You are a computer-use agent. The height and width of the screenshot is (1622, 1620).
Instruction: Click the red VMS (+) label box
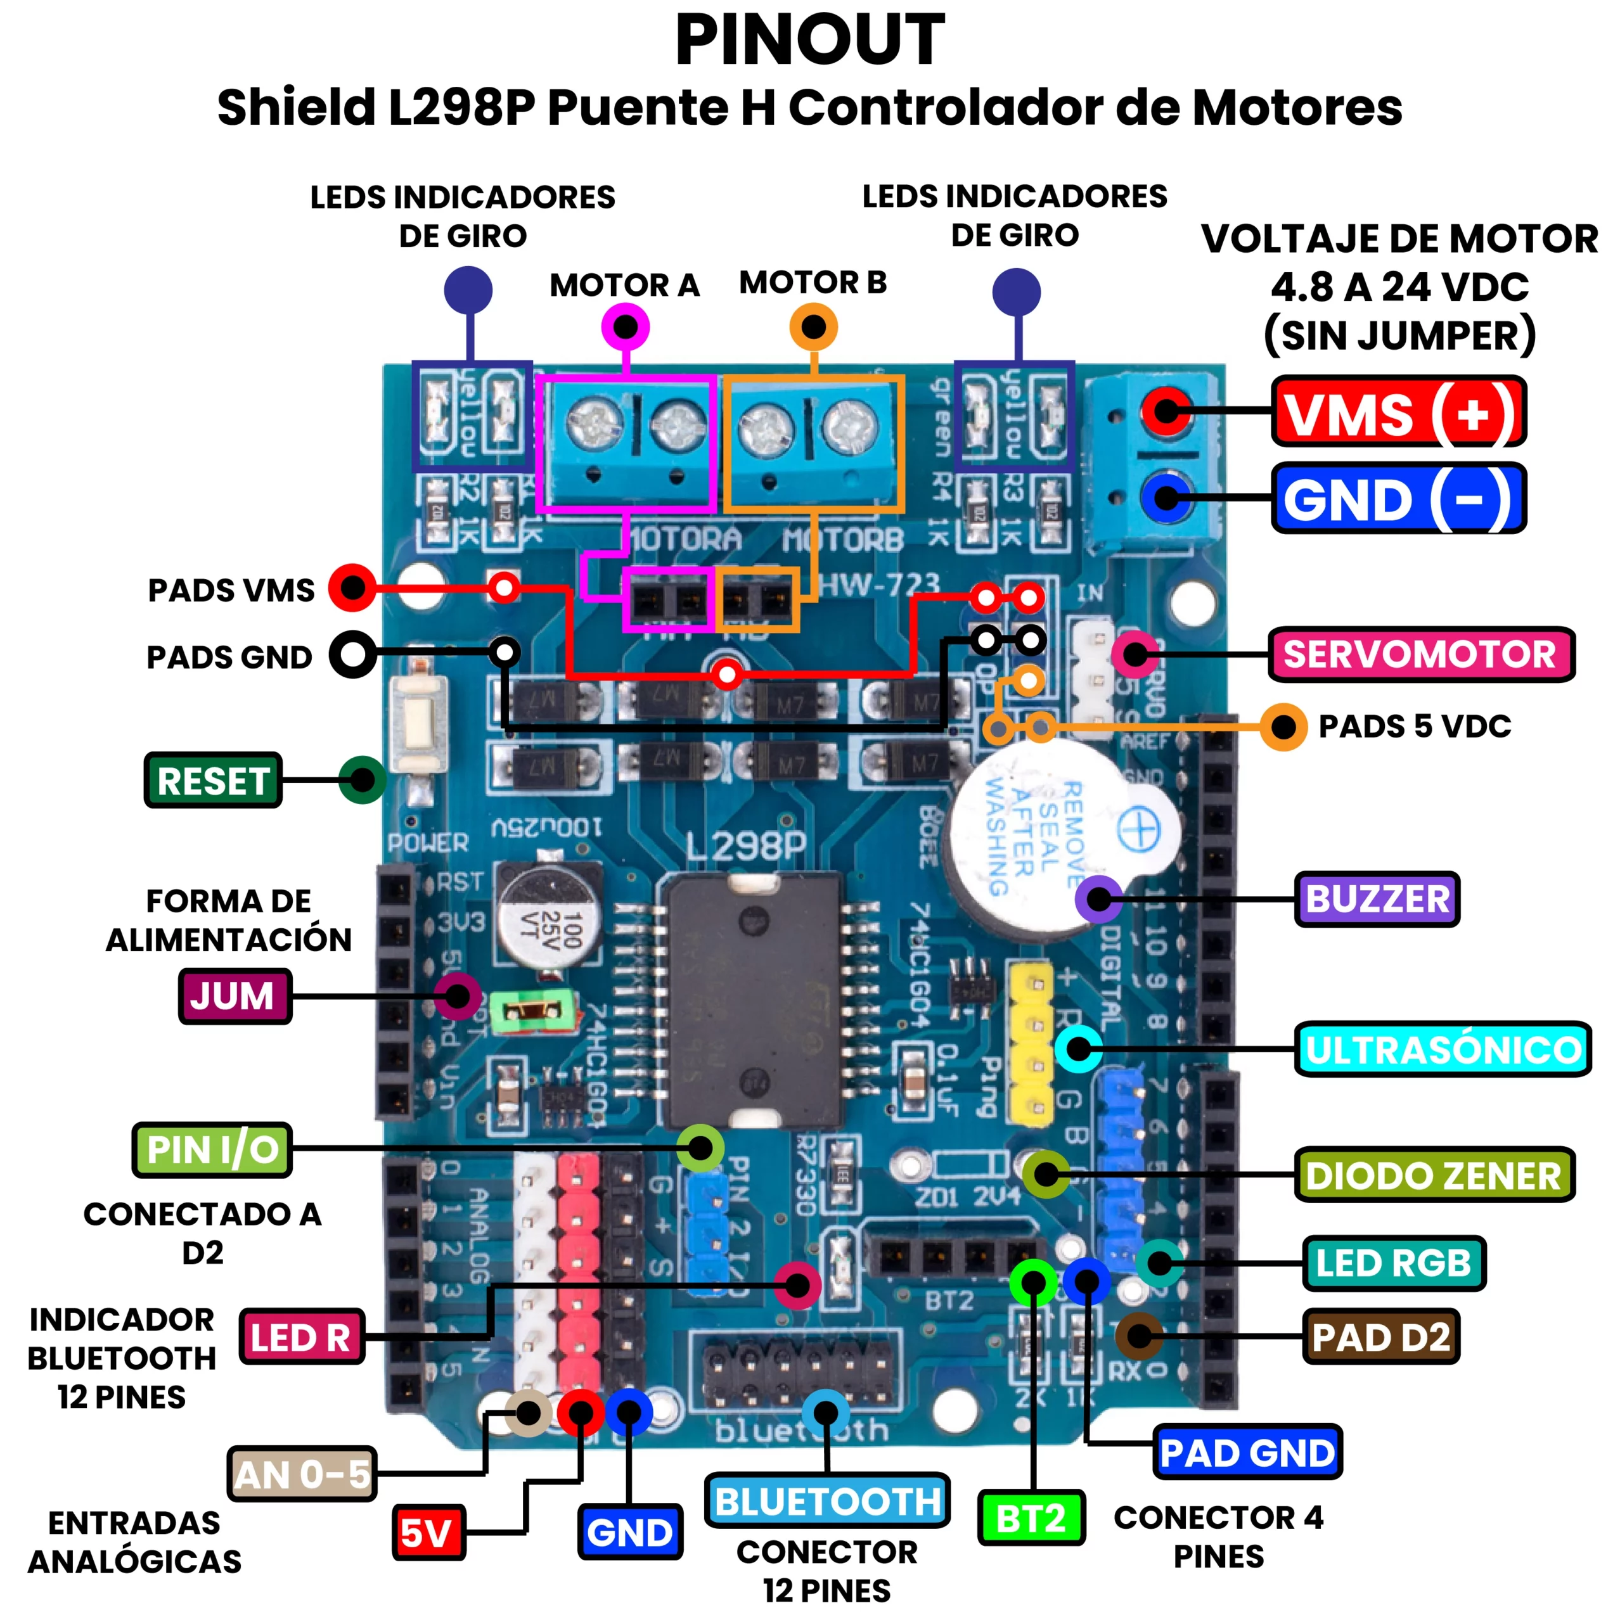click(1398, 411)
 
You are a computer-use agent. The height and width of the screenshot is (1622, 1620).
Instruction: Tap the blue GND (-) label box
click(1398, 499)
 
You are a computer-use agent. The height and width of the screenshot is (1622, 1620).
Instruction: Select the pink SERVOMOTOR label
click(1420, 654)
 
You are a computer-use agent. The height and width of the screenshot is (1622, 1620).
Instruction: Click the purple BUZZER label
click(1377, 899)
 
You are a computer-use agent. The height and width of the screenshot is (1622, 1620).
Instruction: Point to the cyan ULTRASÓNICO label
click(1442, 1049)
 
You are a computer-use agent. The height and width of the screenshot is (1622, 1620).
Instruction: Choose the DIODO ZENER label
click(1434, 1175)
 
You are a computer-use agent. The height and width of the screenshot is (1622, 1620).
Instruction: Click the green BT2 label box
click(1031, 1518)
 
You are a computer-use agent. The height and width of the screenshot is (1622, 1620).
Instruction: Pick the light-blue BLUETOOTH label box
click(827, 1501)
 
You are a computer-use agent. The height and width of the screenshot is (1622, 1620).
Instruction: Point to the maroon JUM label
click(235, 997)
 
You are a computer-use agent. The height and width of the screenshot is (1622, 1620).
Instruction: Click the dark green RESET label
click(214, 781)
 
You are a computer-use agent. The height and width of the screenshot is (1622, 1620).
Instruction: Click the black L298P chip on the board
click(754, 999)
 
